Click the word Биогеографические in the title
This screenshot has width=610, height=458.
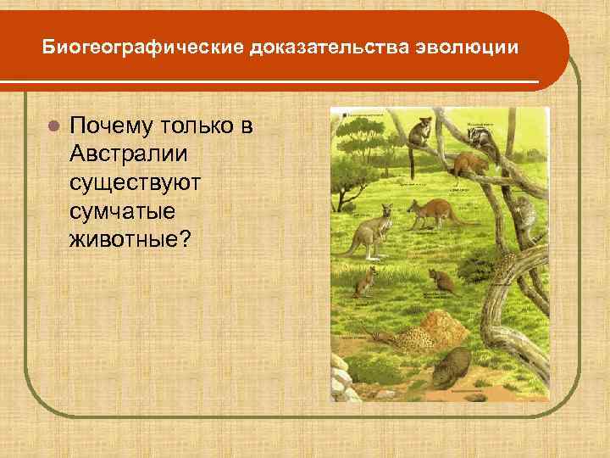click(142, 48)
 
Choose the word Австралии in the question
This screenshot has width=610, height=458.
click(129, 154)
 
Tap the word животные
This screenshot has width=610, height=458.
click(132, 238)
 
